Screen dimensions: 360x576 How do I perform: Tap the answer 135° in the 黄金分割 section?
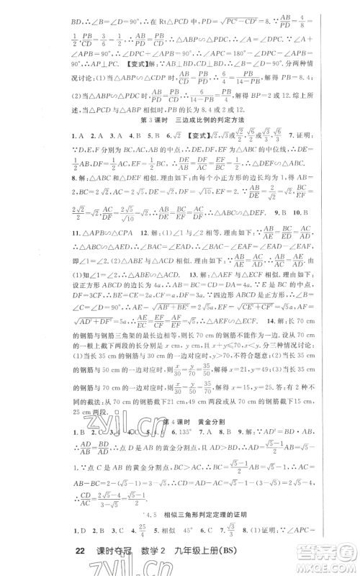pyautogui.click(x=153, y=446)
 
